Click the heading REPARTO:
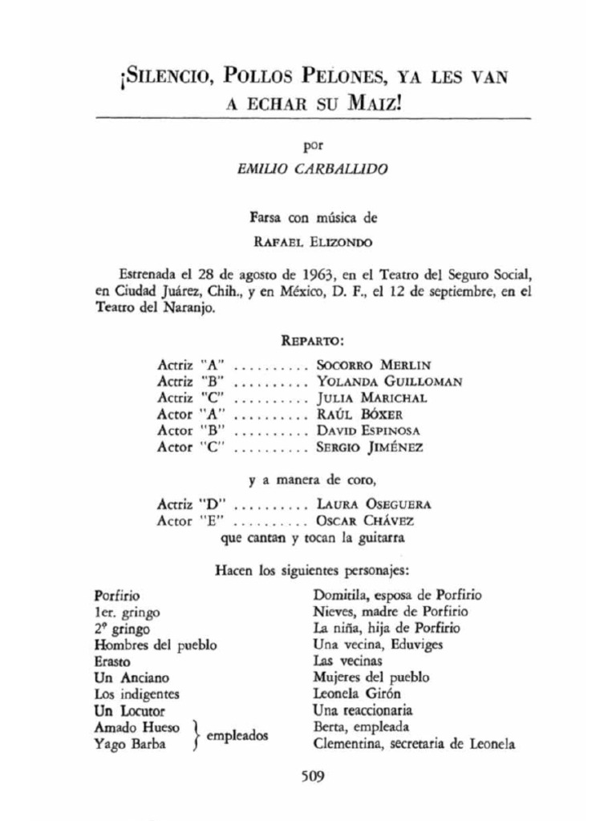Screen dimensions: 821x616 point(313,340)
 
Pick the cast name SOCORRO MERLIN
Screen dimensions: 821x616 point(374,365)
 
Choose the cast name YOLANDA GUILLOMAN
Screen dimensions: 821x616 point(389,382)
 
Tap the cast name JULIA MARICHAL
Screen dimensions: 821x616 point(371,398)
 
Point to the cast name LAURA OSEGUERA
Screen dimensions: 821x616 point(374,504)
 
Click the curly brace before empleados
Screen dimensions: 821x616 point(195,735)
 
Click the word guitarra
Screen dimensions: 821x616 point(381,538)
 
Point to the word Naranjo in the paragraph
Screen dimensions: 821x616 point(189,308)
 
